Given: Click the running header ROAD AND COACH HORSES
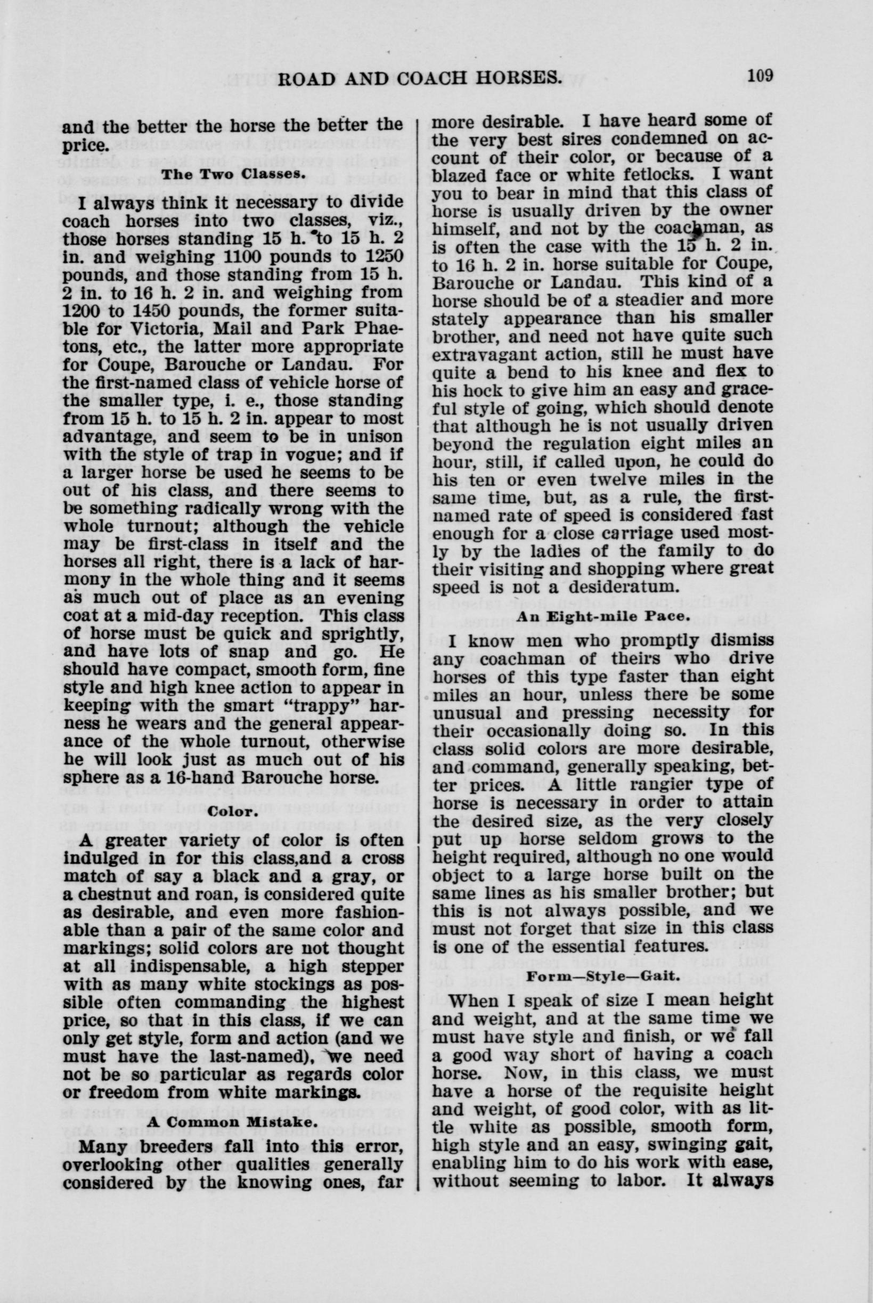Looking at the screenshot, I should coord(418,77).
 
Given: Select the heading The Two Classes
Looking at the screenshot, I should coord(233,173).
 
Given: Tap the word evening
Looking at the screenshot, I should coord(369,599).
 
